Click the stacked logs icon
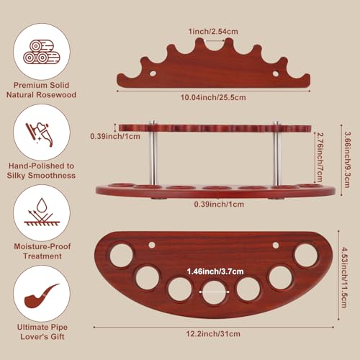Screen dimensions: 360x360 42,52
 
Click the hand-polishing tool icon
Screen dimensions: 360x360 39,135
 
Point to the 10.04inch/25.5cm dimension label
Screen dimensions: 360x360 213,97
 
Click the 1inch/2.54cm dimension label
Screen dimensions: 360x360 213,32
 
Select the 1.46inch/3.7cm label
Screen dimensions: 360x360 215,271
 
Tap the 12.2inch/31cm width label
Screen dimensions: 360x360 213,333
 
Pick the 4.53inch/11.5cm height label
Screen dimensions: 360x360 344,278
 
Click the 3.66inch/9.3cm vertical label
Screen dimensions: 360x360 347,160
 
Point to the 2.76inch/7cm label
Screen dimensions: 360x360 320,158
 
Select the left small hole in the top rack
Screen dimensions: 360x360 153,73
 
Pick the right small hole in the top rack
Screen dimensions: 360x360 276,73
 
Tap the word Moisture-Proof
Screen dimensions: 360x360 42,246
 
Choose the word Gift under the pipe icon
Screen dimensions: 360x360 58,336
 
